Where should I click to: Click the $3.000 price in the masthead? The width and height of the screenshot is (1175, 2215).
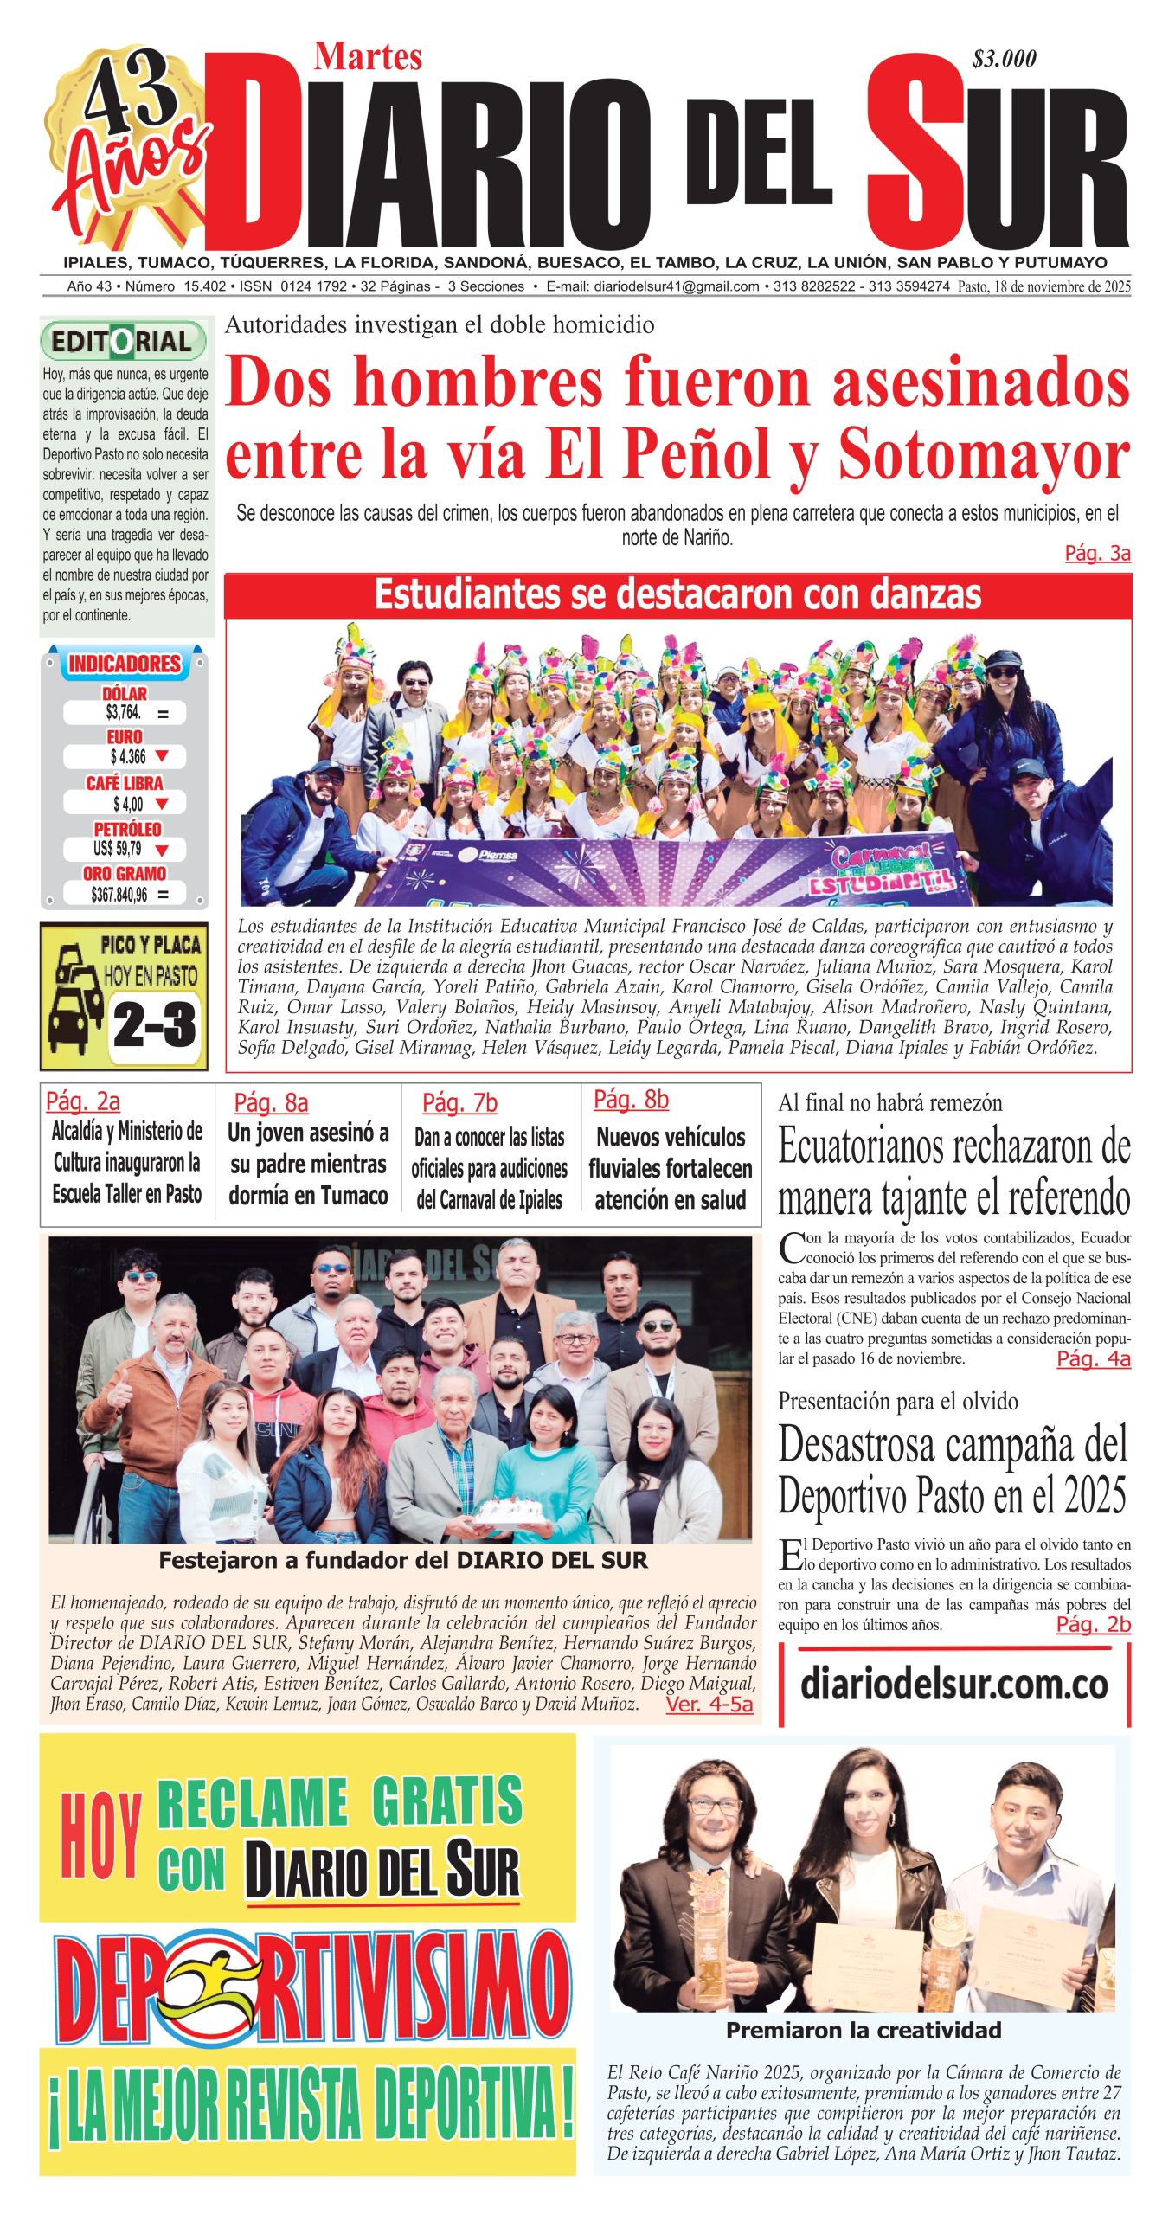[1004, 59]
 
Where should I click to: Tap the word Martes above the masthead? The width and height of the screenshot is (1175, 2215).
[368, 57]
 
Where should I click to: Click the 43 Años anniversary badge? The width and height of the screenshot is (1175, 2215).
[130, 143]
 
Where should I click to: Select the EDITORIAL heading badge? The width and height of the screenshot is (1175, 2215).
[123, 341]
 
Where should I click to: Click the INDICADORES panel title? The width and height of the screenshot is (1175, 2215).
[125, 664]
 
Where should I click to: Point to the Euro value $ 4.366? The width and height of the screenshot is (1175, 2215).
[128, 757]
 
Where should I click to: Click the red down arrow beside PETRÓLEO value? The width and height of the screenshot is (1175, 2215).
[161, 850]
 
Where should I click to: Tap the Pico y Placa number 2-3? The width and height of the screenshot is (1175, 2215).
[154, 1025]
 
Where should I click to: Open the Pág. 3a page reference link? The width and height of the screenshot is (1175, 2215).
[1097, 554]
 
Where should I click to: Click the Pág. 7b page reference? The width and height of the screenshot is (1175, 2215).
[459, 1103]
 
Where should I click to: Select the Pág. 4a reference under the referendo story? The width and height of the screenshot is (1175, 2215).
[1093, 1358]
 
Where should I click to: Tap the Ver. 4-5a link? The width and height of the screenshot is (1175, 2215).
[709, 1705]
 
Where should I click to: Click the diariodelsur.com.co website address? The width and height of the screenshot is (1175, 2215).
[953, 1684]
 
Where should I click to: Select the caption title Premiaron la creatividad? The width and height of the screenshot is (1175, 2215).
[863, 2031]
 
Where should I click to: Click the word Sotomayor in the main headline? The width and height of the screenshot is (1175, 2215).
[983, 454]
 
